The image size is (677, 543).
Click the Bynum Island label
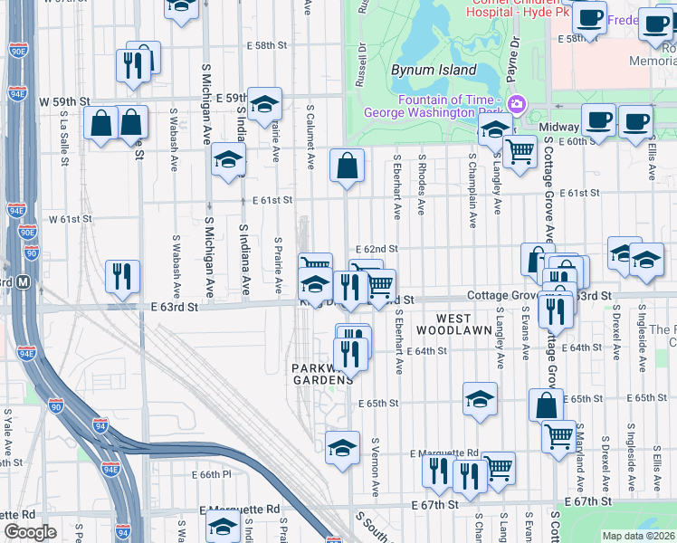click(434, 70)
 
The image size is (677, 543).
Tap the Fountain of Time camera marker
click(516, 105)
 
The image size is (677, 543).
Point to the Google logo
click(29, 532)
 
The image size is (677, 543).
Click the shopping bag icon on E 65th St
click(547, 405)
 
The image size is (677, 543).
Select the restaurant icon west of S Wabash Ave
click(122, 277)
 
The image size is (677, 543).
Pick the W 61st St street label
click(72, 219)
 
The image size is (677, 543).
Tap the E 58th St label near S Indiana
click(267, 45)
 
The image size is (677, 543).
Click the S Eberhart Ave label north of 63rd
click(397, 186)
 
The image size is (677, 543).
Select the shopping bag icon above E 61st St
click(347, 166)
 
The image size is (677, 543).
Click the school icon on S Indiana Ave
click(229, 160)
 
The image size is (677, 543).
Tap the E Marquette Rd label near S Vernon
click(443, 452)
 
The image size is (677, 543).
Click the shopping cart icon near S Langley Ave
click(520, 151)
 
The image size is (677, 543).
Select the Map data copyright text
click(639, 536)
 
